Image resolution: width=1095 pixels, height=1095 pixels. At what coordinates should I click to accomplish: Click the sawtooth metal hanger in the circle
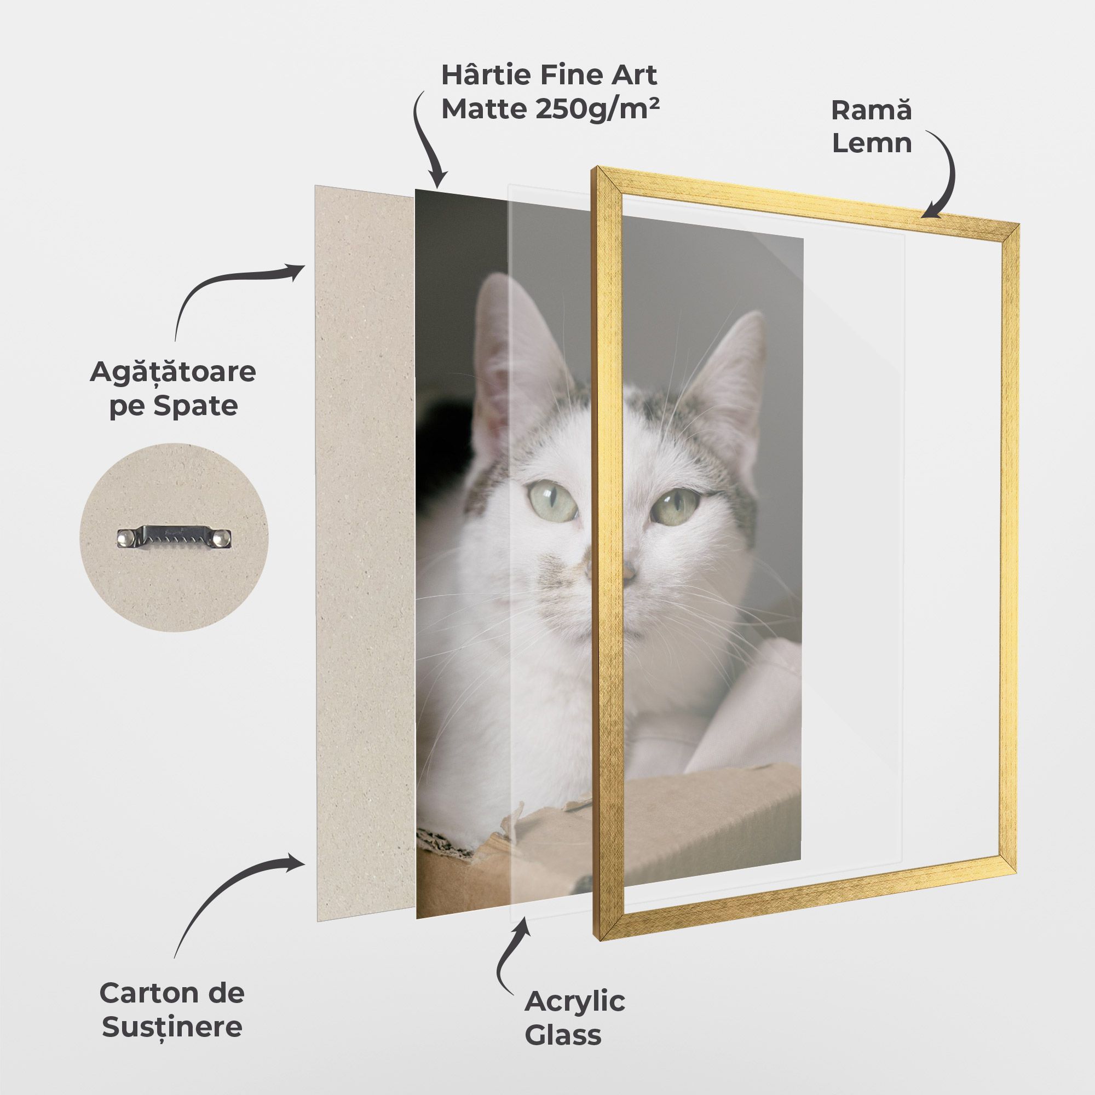175,537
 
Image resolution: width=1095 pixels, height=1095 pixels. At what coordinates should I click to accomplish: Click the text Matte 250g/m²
550,109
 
